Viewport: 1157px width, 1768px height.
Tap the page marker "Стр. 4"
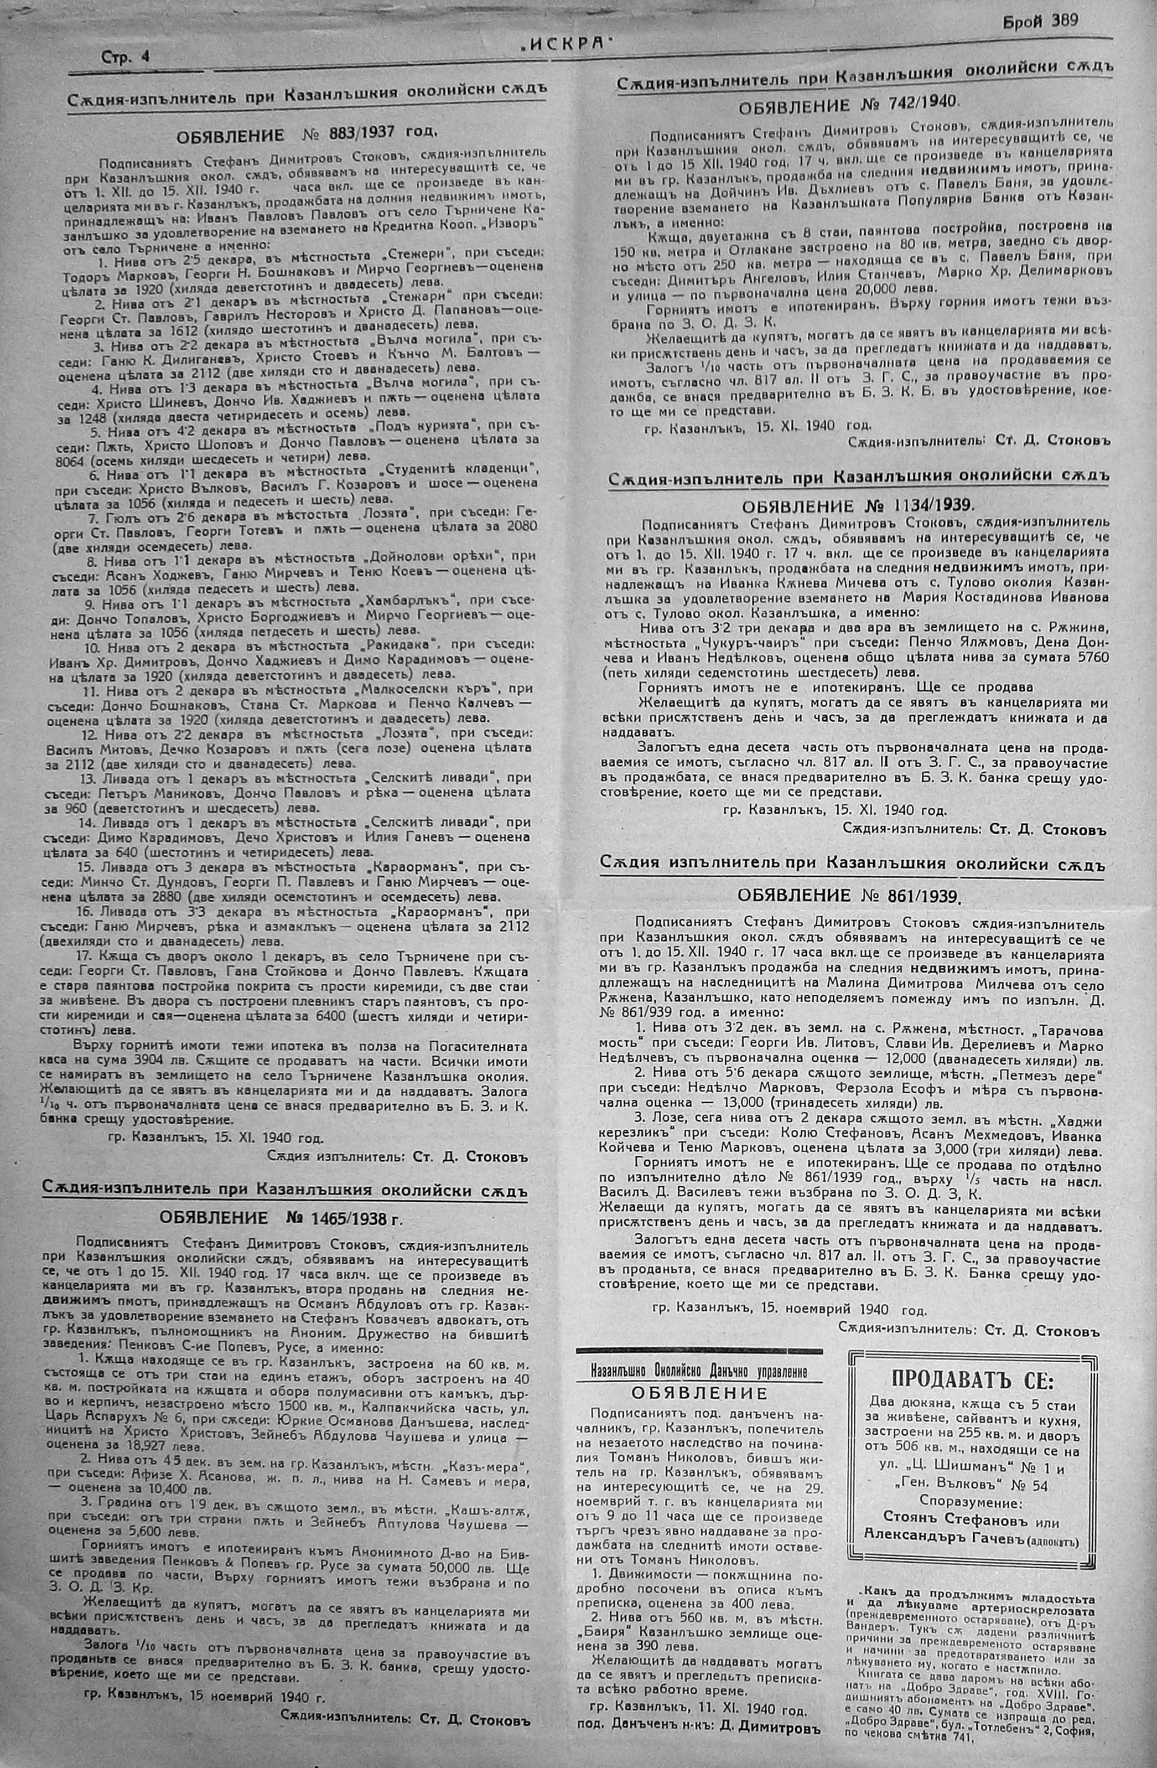124,57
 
